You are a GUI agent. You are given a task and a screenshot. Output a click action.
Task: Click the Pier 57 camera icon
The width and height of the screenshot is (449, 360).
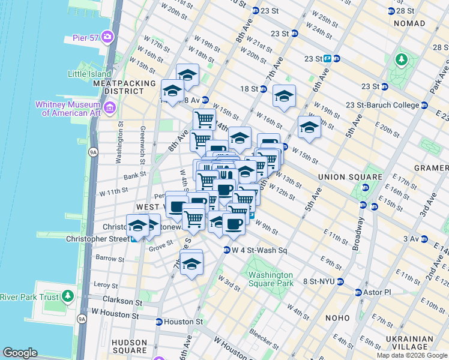[x=107, y=37]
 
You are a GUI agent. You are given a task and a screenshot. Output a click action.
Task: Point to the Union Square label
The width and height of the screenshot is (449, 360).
[x=350, y=177]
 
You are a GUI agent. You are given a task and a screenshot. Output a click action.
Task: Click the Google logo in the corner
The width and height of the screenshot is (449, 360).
[x=20, y=353]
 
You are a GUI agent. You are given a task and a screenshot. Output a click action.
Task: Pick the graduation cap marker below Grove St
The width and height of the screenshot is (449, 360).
[x=191, y=263]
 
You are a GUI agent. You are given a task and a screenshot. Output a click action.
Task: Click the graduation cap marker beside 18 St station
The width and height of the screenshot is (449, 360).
[x=285, y=95]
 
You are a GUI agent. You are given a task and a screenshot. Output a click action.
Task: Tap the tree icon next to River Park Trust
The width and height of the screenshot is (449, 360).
[x=68, y=296]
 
